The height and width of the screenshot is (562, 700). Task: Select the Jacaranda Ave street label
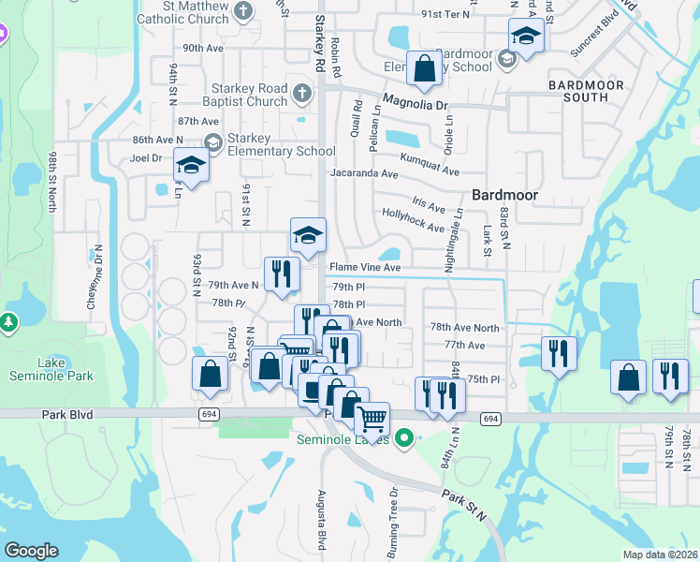coord(368,173)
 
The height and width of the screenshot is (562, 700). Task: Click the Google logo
coord(31,550)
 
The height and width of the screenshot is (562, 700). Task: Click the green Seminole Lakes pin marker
coord(404,436)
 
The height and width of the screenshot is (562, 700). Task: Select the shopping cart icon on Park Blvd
coord(372,419)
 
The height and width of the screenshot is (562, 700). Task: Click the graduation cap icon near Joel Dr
coord(192,165)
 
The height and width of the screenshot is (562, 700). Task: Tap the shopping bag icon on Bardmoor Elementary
coord(424,68)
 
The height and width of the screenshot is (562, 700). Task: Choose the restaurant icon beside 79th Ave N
coord(278,273)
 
